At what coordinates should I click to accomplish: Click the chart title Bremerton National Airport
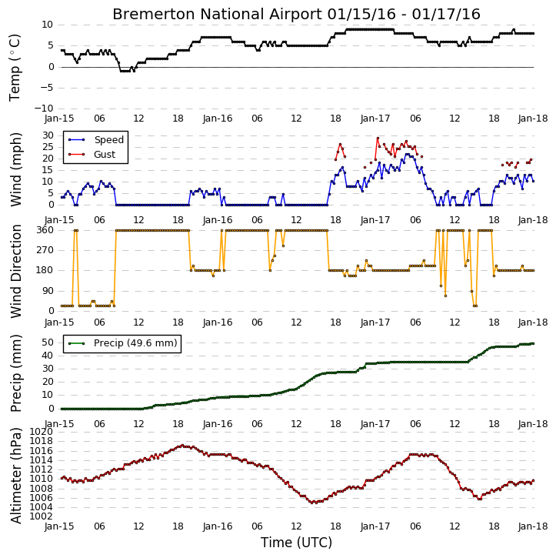(x=217, y=14)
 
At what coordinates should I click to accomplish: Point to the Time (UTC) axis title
(x=296, y=543)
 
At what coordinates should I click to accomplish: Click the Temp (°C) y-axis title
(x=15, y=68)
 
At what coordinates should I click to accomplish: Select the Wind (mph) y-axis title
(x=15, y=170)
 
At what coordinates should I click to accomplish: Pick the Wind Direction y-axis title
(x=15, y=271)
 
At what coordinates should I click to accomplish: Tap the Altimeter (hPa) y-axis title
(x=15, y=476)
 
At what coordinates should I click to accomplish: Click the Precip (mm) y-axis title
(x=15, y=373)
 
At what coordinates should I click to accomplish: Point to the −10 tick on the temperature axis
(x=43, y=109)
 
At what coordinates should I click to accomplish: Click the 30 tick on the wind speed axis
(x=48, y=135)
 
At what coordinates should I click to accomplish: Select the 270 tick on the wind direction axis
(x=45, y=250)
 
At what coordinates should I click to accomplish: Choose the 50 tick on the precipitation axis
(x=48, y=342)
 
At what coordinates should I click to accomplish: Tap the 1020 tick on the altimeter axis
(x=41, y=432)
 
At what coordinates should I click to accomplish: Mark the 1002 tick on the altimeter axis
(x=41, y=516)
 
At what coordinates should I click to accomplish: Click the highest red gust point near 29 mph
(x=378, y=138)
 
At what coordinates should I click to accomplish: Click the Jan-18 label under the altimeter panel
(x=533, y=526)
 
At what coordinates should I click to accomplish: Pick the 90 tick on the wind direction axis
(x=48, y=291)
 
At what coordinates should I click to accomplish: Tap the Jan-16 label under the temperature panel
(x=217, y=119)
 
